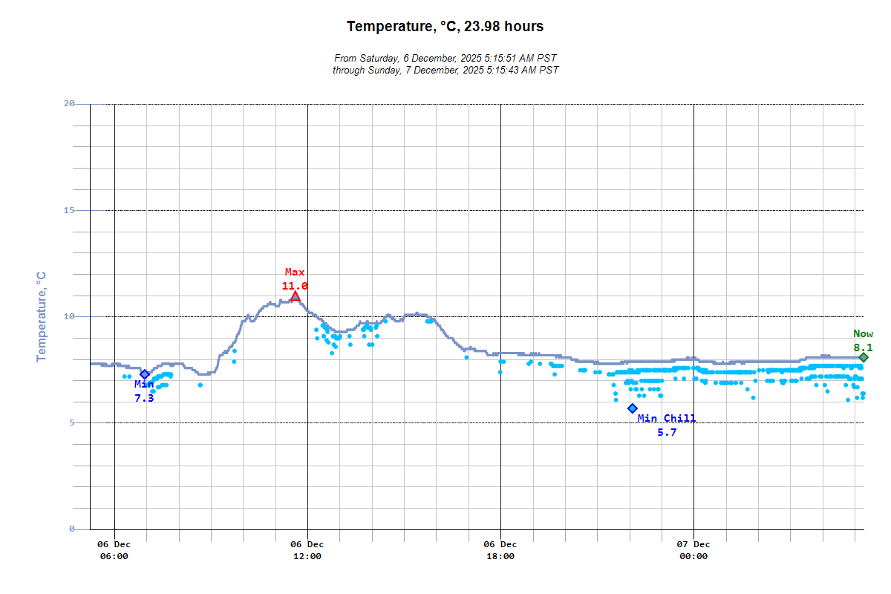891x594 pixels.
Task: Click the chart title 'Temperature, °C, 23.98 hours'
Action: (x=445, y=27)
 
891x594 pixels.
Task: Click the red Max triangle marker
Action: (x=295, y=296)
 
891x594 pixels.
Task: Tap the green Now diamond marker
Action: (x=864, y=357)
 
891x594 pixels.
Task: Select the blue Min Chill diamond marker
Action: (x=632, y=408)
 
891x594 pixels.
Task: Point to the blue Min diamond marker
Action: (x=145, y=374)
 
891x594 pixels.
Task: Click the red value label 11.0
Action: (x=295, y=286)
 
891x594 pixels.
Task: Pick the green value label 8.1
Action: (x=863, y=347)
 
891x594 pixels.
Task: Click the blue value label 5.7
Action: (x=667, y=432)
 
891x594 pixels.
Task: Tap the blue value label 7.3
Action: (x=144, y=398)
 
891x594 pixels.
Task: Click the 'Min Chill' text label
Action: (x=667, y=419)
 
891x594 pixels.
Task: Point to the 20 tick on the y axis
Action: (x=69, y=104)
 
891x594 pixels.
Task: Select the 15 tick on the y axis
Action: (x=69, y=210)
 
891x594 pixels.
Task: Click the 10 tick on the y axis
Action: (x=69, y=316)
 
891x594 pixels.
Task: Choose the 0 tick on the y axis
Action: (x=72, y=529)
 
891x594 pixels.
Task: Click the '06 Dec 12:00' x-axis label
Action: (x=307, y=550)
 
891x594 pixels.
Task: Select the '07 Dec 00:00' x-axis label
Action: (x=693, y=550)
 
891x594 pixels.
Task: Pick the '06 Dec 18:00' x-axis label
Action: (x=500, y=550)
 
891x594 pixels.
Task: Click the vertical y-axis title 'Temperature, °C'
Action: (x=42, y=316)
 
